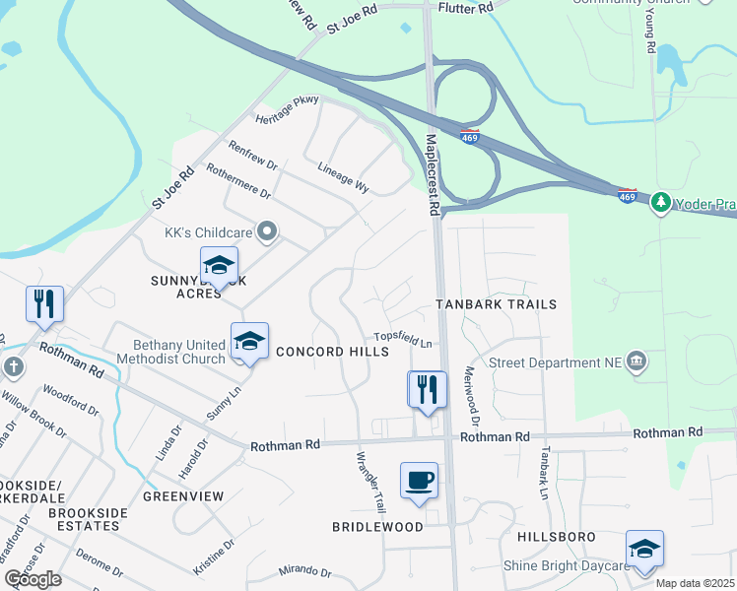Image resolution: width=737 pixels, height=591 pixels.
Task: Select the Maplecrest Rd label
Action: (432, 175)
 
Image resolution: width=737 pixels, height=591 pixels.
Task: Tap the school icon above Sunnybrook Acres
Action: (219, 265)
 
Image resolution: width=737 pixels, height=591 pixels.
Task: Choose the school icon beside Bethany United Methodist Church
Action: (249, 342)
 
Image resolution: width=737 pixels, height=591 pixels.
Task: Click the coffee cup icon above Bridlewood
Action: (419, 481)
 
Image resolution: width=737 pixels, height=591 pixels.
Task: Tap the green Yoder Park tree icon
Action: (660, 202)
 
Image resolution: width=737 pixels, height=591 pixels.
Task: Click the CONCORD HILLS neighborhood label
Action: (324, 352)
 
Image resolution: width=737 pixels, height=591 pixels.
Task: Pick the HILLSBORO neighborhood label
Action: (556, 536)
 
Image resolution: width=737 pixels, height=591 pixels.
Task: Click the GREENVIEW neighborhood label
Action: (183, 496)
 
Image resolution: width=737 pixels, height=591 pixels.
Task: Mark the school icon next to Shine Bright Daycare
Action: (644, 549)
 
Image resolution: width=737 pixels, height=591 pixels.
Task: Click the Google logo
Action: (33, 579)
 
